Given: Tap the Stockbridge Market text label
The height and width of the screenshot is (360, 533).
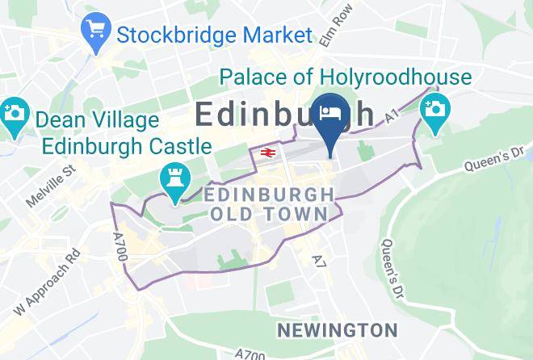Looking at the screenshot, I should tap(214, 36).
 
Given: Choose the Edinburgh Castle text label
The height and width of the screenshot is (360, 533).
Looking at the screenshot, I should tap(127, 147).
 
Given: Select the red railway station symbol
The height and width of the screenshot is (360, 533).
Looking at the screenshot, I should tap(266, 153).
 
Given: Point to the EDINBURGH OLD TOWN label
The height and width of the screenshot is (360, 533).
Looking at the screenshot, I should tap(269, 204).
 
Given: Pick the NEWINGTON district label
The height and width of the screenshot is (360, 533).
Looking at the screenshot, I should tap(337, 330).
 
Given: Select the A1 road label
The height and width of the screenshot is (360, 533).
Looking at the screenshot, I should tap(392, 118).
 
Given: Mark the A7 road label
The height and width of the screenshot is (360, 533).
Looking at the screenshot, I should tap(317, 258).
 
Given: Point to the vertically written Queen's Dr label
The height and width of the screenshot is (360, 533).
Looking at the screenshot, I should tap(390, 266).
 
